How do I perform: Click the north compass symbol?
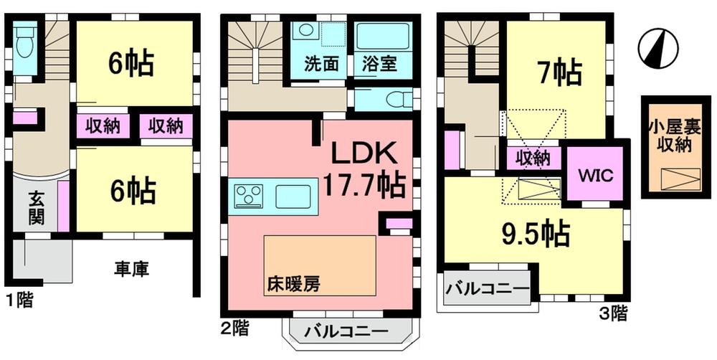click(x=658, y=49)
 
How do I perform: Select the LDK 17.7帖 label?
click(x=363, y=169)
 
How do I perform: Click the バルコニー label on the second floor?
click(x=344, y=333)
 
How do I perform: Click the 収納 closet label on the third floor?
click(x=533, y=158)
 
